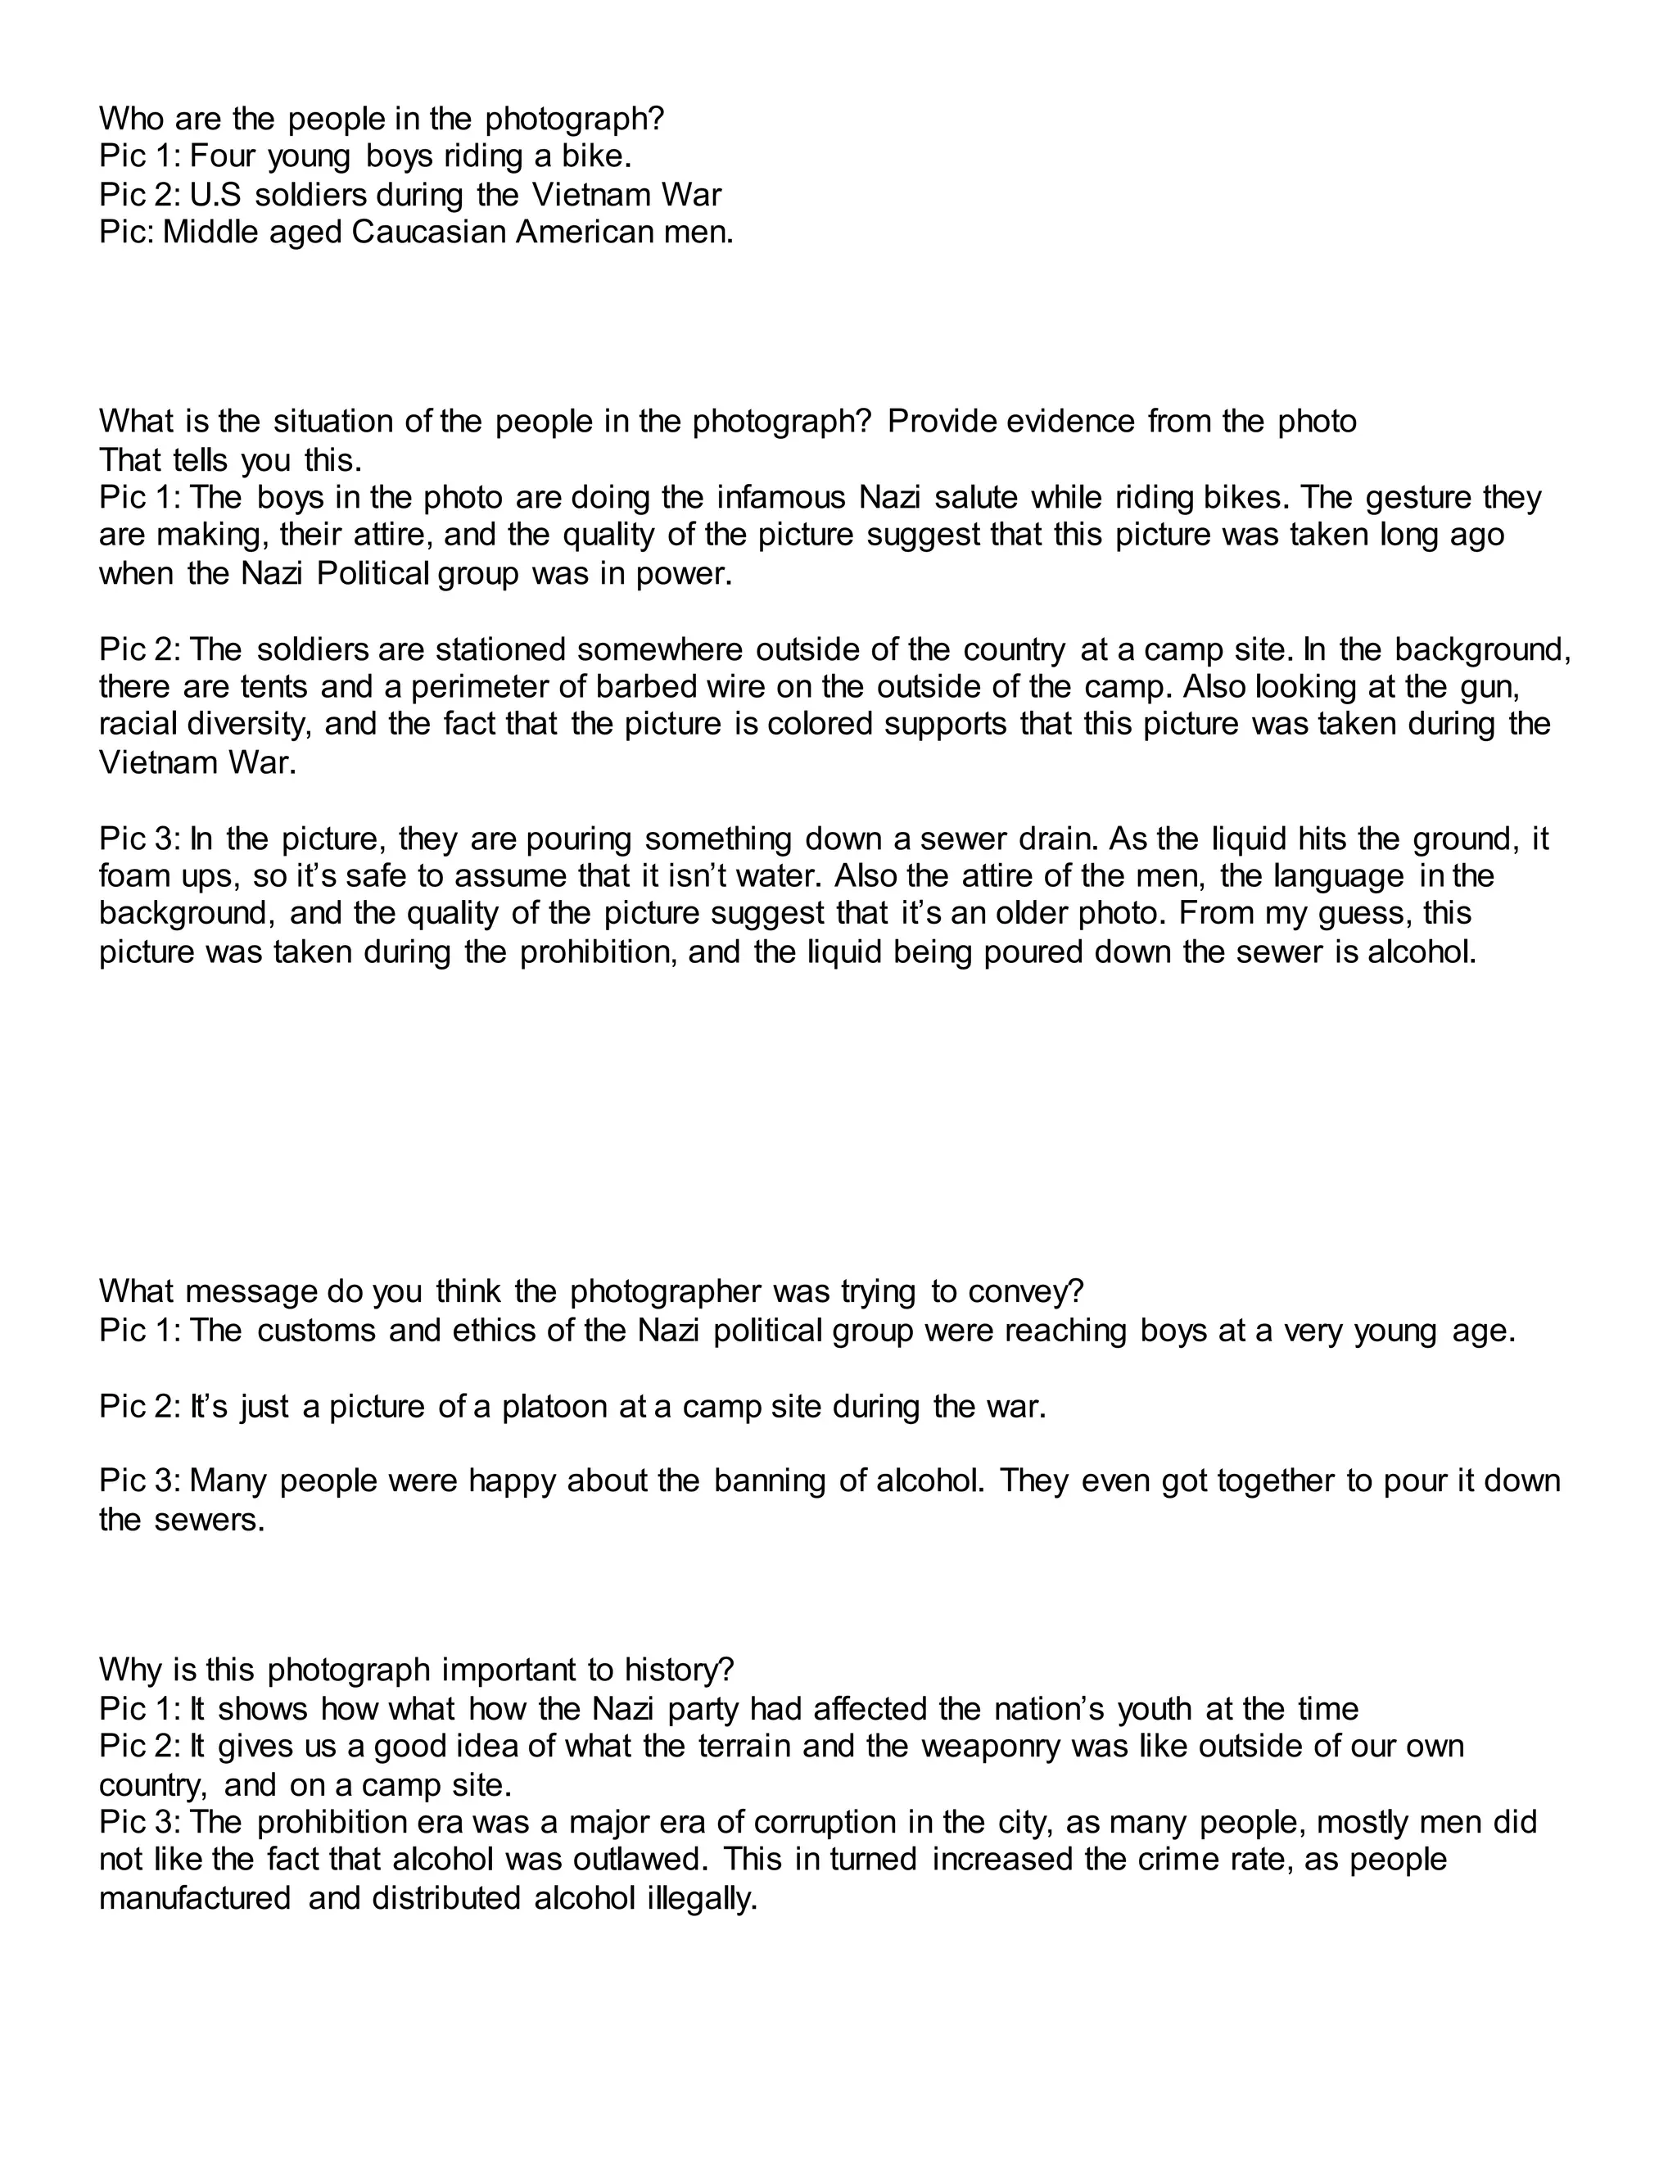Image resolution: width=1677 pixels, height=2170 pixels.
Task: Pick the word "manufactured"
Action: (196, 1899)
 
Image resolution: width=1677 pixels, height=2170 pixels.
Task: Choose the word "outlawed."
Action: (629, 1860)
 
